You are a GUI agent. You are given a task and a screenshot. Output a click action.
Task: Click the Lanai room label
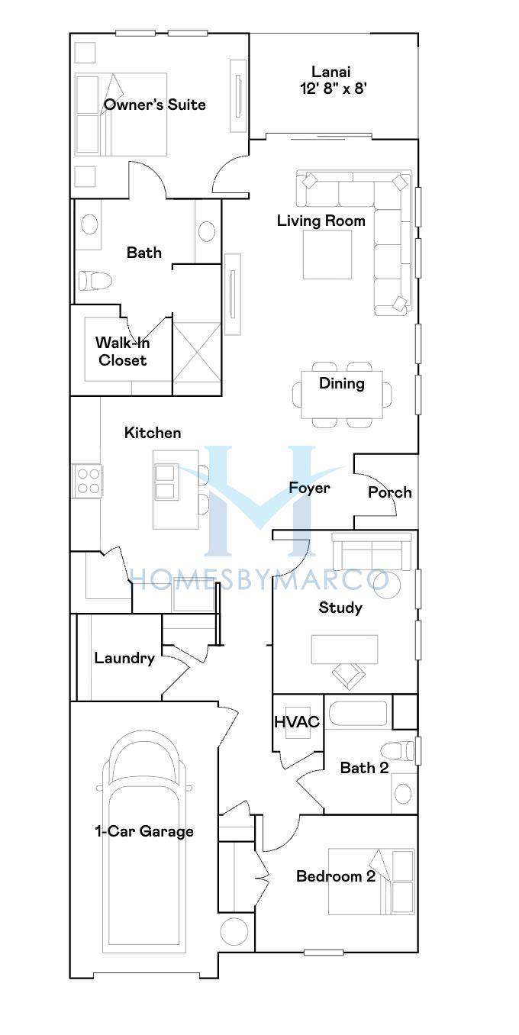pos(330,72)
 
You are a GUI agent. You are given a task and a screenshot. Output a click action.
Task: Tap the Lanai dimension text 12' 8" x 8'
pos(333,88)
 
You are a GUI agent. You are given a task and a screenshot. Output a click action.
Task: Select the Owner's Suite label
pos(154,105)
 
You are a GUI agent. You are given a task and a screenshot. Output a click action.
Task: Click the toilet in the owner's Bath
pos(95,280)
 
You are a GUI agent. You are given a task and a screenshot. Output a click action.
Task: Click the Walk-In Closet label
pos(122,351)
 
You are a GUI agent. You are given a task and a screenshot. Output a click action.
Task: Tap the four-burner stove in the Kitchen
pos(88,481)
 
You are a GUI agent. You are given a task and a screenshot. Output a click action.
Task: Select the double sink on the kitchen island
pos(165,482)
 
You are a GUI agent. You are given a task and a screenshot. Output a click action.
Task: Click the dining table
pos(342,394)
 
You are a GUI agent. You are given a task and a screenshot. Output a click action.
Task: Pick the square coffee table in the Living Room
pos(327,254)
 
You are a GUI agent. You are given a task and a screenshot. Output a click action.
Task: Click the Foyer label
pos(309,488)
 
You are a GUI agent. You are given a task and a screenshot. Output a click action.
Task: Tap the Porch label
pos(389,492)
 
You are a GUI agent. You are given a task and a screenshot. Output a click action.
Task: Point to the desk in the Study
pos(344,650)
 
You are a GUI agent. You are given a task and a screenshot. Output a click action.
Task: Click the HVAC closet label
pos(297,722)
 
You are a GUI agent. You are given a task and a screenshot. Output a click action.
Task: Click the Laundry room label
pos(124,658)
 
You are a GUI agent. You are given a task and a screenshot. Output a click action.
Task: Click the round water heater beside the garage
pos(234,931)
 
